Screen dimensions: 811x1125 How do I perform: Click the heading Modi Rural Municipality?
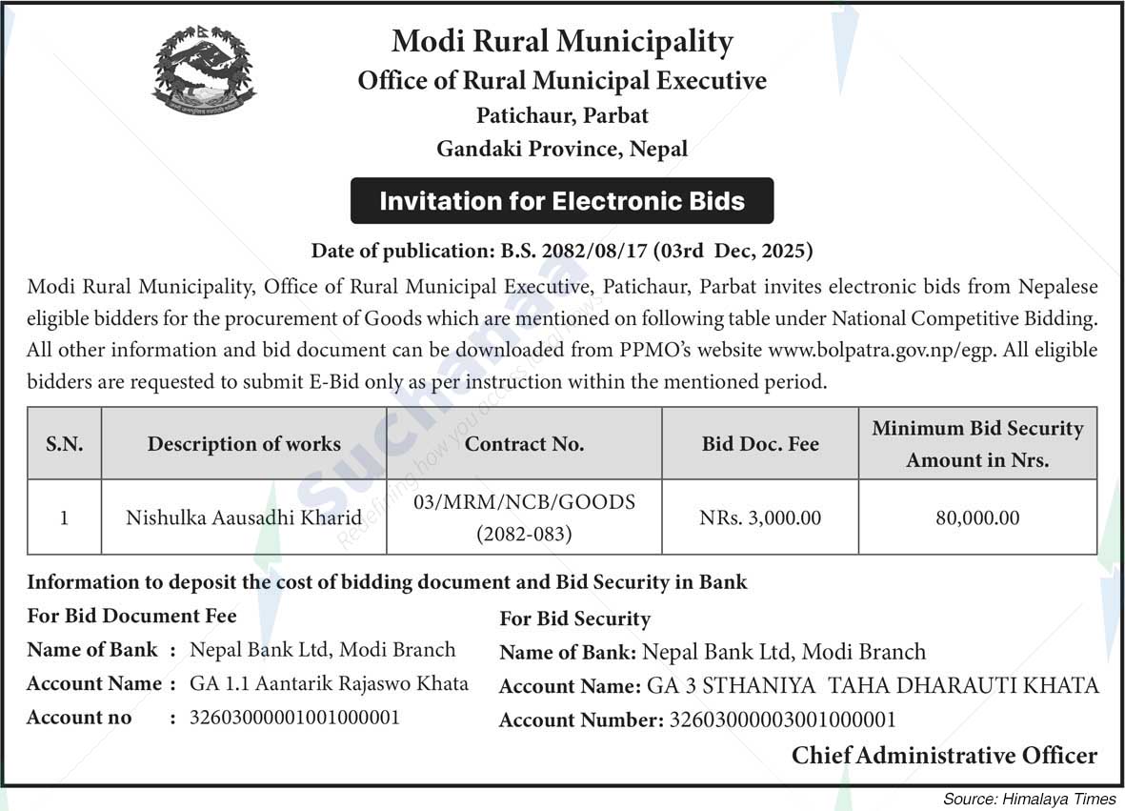point(562,42)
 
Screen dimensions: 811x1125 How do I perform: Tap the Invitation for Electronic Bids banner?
point(562,201)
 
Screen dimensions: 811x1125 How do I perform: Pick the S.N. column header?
point(64,444)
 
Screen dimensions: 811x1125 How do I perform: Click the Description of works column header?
point(244,444)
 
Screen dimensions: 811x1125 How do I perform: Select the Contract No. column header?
point(524,444)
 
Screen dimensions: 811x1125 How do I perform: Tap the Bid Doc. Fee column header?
point(759,444)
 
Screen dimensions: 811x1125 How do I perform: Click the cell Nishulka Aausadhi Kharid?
point(244,518)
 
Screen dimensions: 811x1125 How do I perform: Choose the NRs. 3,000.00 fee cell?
point(759,518)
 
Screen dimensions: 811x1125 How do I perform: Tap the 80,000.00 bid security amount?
point(977,518)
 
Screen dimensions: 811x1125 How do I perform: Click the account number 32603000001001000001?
point(294,718)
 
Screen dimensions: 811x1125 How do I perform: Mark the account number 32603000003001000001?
point(783,720)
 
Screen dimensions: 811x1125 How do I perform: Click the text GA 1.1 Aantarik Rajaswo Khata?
point(329,683)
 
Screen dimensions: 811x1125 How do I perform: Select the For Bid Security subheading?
point(574,618)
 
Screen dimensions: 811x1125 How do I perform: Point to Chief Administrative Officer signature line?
point(944,756)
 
